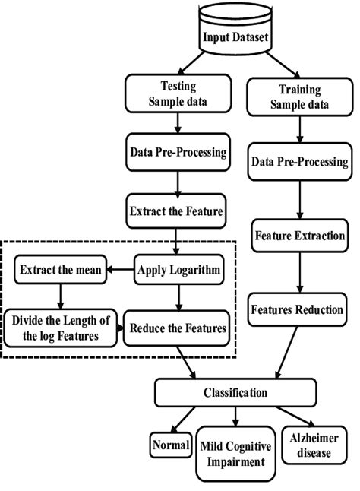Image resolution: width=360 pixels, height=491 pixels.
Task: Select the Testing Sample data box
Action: (176, 95)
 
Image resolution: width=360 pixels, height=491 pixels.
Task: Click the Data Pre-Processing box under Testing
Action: (178, 152)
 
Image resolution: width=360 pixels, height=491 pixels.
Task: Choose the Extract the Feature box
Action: (178, 211)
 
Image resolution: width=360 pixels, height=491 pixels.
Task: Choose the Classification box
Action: (235, 393)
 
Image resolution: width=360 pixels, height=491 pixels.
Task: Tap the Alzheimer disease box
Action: (308, 445)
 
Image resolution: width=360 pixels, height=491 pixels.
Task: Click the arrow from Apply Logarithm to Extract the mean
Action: (121, 268)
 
